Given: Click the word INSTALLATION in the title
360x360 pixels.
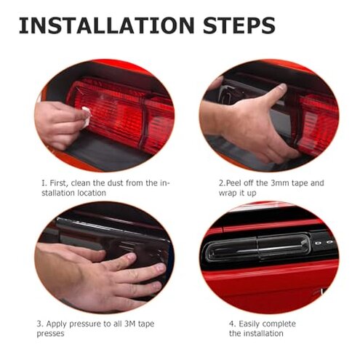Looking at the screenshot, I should tap(105, 25).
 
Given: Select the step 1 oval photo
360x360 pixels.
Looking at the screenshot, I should tap(103, 117).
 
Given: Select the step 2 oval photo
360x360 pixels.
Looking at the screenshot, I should tap(269, 116).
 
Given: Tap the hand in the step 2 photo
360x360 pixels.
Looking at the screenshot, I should tap(255, 124).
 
